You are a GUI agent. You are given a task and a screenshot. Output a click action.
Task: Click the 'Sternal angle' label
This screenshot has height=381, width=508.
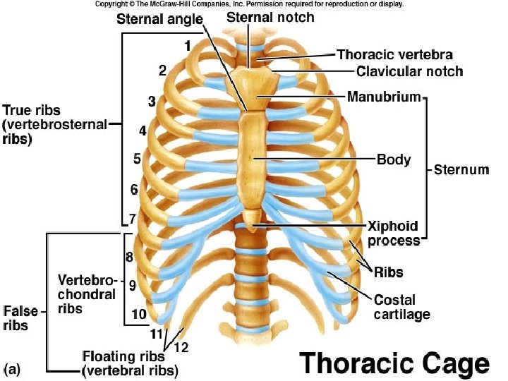[x=159, y=19]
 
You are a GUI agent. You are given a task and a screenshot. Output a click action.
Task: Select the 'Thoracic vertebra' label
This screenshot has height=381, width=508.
[x=394, y=54]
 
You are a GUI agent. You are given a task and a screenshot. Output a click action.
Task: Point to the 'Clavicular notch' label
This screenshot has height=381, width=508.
[x=409, y=71]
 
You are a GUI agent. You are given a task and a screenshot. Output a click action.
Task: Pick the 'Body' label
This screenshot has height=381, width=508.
[x=393, y=160]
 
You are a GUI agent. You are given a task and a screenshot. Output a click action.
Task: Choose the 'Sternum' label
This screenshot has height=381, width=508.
[x=461, y=170]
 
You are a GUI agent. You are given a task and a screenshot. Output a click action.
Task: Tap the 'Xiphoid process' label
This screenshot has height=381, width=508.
[x=393, y=234]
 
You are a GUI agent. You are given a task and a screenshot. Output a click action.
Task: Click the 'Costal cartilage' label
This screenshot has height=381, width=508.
[x=401, y=307]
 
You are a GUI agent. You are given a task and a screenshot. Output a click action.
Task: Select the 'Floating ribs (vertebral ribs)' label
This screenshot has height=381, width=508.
[x=130, y=363]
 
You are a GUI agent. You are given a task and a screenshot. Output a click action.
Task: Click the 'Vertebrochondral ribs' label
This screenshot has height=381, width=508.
[x=87, y=293]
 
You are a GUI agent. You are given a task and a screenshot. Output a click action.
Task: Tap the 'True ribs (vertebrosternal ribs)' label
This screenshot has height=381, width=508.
[x=54, y=125]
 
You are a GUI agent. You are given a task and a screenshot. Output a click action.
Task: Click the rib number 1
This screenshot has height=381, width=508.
[x=188, y=46]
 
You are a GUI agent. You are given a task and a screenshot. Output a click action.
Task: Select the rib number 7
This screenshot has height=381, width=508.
[x=131, y=219]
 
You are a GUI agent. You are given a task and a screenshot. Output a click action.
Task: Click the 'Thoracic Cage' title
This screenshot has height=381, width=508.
[x=394, y=363]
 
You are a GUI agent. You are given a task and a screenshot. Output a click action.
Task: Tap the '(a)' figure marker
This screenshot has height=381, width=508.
[x=13, y=368]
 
